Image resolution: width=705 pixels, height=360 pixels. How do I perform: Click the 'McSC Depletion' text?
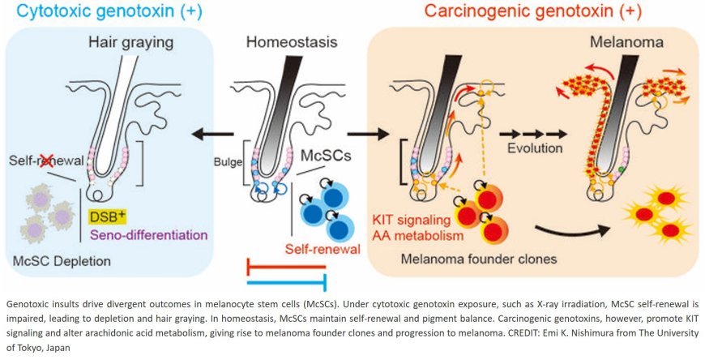click(x=62, y=262)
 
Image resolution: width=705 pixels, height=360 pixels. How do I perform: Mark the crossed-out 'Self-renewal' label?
click(x=38, y=162)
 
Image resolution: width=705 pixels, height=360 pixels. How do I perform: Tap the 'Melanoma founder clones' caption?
click(x=471, y=260)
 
